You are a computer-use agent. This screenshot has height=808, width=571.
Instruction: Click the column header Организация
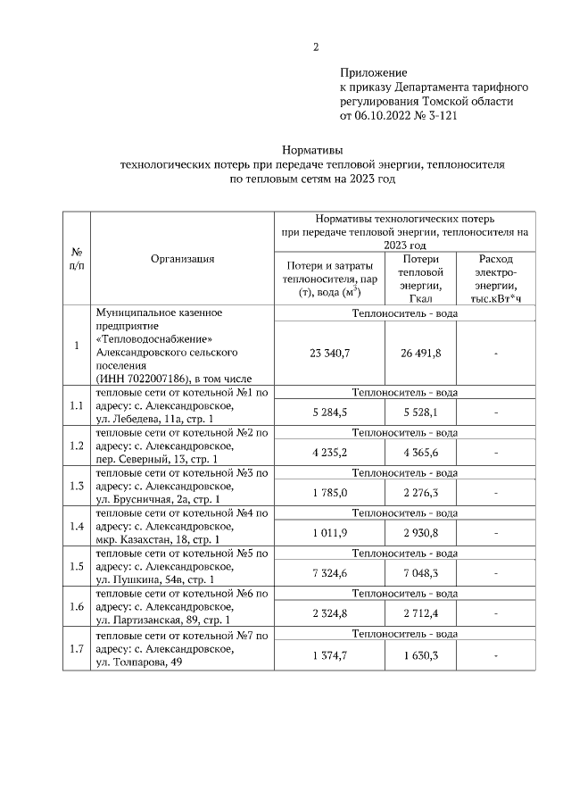(182, 259)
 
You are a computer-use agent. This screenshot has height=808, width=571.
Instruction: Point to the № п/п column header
(78, 259)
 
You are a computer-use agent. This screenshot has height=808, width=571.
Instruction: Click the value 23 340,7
(329, 354)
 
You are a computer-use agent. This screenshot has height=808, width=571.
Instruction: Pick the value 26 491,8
(419, 354)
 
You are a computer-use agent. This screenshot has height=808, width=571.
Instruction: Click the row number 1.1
(78, 405)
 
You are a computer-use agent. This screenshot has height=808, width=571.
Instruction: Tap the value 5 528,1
(419, 412)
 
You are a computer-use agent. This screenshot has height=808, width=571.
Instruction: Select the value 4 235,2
(329, 453)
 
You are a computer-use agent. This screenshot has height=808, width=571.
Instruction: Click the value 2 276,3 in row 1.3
(419, 493)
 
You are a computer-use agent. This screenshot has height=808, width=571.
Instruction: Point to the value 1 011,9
(329, 533)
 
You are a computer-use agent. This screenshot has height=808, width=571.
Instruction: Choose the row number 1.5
(78, 566)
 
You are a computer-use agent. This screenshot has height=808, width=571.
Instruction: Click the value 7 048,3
(419, 573)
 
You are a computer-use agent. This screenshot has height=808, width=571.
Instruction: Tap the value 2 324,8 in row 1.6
(329, 613)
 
